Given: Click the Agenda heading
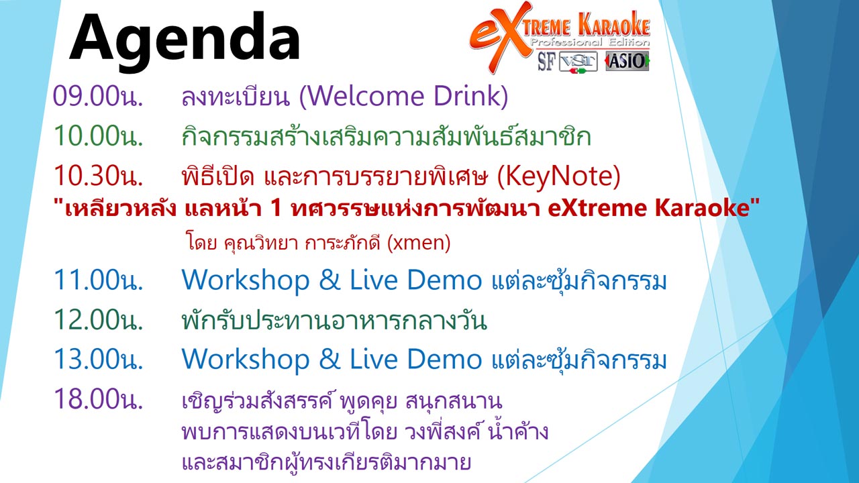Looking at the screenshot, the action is (185, 41).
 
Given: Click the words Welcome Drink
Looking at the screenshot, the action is (403, 96).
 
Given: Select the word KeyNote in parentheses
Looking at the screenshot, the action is (558, 176).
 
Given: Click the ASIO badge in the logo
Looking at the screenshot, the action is (627, 61).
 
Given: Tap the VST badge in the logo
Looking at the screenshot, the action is (578, 62).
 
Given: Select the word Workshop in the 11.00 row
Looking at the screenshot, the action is (246, 280).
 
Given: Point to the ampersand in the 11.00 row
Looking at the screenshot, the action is (330, 280).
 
